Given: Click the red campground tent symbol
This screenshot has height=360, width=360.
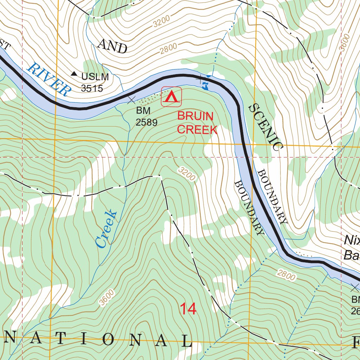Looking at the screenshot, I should pyautogui.click(x=171, y=97).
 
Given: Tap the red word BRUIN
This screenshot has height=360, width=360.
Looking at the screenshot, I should pyautogui.click(x=195, y=116).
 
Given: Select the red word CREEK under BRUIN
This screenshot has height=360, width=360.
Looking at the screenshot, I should pyautogui.click(x=197, y=130).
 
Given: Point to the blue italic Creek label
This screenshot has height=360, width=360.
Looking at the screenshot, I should pyautogui.click(x=106, y=229).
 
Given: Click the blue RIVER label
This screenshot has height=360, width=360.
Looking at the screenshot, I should pyautogui.click(x=48, y=79).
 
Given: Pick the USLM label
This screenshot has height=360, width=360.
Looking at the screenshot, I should pyautogui.click(x=95, y=76).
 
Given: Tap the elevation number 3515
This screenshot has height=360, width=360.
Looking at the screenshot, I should pyautogui.click(x=92, y=88).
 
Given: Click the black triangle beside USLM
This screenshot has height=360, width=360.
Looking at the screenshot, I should pyautogui.click(x=74, y=74).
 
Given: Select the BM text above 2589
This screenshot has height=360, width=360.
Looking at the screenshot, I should pyautogui.click(x=143, y=111).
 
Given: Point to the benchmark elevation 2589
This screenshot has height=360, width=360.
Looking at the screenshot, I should pyautogui.click(x=146, y=122).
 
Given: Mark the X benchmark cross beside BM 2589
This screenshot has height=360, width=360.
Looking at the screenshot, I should pyautogui.click(x=131, y=100).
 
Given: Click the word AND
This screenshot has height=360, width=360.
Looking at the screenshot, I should pyautogui.click(x=112, y=46).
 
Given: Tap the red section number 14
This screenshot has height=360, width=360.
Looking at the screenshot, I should pyautogui.click(x=188, y=309).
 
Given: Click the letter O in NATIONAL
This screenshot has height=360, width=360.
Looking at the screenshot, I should pyautogui.click(x=109, y=340).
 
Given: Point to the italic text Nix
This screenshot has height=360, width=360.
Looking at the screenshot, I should pyautogui.click(x=352, y=240).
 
